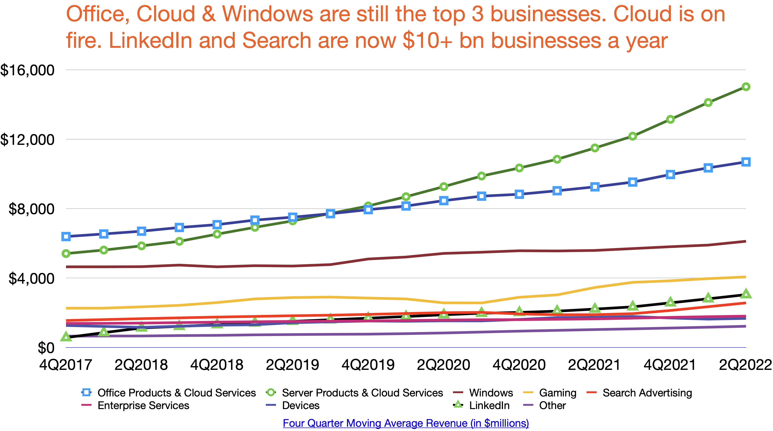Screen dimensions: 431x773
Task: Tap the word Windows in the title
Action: coord(267,14)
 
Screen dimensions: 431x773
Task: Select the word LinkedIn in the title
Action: coord(150,41)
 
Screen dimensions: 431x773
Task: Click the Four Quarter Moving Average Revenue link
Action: coord(406,423)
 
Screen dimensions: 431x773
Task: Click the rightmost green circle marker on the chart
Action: coord(746,87)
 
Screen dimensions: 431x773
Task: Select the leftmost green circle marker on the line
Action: coord(66,254)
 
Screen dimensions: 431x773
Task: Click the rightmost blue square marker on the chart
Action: coord(746,162)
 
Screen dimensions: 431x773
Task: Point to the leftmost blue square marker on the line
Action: coord(66,237)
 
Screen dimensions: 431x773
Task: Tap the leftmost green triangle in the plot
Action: coord(66,337)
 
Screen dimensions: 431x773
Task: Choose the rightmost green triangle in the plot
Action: coord(746,293)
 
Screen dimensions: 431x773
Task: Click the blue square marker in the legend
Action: coord(86,392)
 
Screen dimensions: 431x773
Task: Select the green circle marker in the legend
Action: coord(271,392)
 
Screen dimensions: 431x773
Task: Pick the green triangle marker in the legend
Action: coord(458,404)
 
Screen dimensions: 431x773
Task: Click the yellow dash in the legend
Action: coord(528,392)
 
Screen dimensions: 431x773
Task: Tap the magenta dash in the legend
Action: coord(86,405)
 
